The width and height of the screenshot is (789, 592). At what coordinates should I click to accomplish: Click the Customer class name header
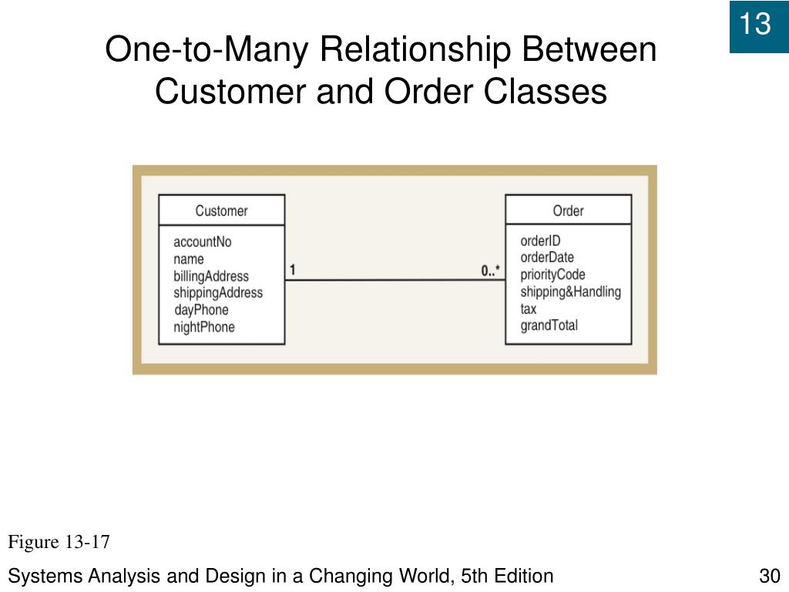pos(221,210)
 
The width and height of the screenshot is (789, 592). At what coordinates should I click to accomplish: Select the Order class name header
pos(568,210)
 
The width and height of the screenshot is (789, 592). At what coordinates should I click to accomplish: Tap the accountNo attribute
pos(202,242)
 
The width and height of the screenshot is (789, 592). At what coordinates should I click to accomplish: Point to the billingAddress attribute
pos(211,276)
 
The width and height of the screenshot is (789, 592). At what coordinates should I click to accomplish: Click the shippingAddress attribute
pos(218,293)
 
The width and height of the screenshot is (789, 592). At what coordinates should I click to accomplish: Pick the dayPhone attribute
pos(202,310)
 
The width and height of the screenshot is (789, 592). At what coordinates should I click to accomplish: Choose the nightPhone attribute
pos(204,327)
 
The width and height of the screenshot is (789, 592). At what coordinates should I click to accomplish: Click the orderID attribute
pos(540,241)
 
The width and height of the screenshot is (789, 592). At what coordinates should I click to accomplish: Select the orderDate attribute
pos(547,257)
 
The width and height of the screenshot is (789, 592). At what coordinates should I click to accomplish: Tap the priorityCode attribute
pos(552,274)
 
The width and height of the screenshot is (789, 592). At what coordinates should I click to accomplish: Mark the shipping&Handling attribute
pos(570,291)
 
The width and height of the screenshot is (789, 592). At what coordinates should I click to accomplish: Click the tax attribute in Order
pos(529,308)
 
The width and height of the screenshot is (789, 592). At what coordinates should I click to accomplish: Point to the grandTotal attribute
pos(549,325)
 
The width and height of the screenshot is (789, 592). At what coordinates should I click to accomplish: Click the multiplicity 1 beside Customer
pos(293,270)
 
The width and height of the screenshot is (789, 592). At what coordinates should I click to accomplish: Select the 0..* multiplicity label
pos(490,271)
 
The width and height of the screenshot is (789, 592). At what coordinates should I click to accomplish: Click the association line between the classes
pos(394,280)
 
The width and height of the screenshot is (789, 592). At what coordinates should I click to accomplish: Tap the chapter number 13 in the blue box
pos(755,25)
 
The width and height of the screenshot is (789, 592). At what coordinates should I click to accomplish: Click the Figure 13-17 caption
pos(59,543)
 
